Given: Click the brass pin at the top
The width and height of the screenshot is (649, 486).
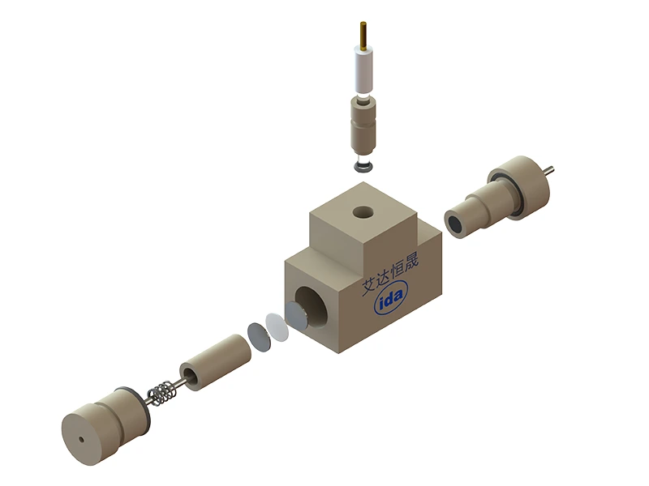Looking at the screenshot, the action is [x=363, y=36].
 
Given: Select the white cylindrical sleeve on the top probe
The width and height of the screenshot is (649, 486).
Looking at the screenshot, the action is [x=363, y=70].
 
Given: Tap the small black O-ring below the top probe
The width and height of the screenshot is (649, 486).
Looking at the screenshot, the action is [x=363, y=167].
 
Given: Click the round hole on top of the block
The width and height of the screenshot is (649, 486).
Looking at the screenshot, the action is [x=363, y=213].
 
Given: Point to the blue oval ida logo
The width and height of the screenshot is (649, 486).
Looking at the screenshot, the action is [x=391, y=296].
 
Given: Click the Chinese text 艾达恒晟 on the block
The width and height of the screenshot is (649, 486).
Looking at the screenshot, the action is [x=390, y=273].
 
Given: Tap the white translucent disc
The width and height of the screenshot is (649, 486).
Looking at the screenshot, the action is [x=277, y=327].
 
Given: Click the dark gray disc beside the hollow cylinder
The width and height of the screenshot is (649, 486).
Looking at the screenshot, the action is [x=259, y=338].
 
